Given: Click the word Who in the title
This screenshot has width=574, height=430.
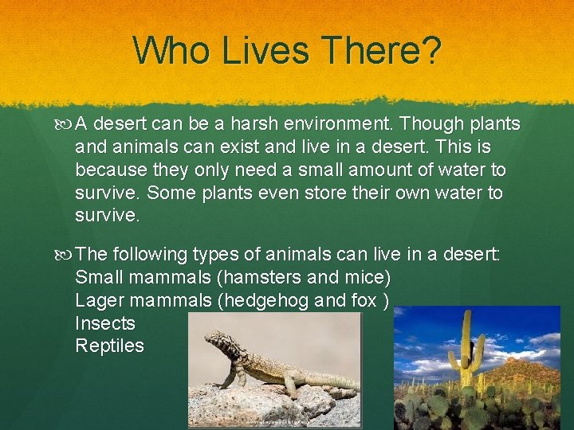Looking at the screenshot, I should tap(171, 50).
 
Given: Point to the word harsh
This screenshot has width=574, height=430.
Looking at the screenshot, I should tap(264, 124).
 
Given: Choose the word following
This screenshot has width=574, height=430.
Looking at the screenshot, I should tap(150, 255).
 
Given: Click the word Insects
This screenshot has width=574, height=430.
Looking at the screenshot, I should tap(105, 323).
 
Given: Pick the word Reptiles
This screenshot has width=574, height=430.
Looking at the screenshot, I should tap(109, 346).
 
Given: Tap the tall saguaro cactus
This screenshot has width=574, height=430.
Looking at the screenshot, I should tap(466, 350).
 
